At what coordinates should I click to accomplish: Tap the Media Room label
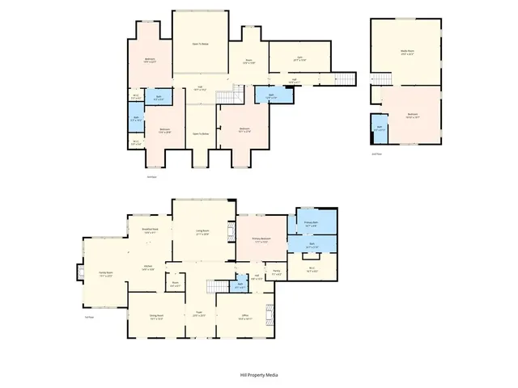tap(403, 52)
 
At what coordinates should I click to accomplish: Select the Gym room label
tap(299, 58)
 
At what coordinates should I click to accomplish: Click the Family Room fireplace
tap(79, 272)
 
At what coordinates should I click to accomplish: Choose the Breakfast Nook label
tap(149, 231)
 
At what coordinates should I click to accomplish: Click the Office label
tap(245, 317)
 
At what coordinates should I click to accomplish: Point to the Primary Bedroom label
tap(261, 240)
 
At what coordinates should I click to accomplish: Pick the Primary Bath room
tap(311, 223)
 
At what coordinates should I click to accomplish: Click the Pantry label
tap(276, 272)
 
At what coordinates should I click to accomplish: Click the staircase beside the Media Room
tap(376, 93)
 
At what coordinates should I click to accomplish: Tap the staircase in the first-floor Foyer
tap(215, 288)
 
